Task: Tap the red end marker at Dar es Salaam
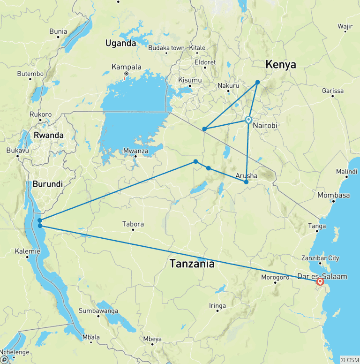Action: click(320, 282)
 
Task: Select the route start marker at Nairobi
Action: click(248, 120)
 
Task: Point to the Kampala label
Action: click(126, 67)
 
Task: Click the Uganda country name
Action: click(120, 43)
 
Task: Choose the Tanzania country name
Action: click(192, 264)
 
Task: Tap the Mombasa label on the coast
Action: click(333, 195)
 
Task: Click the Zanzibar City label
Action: click(321, 258)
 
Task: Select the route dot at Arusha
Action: click(246, 182)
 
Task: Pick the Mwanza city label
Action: click(135, 151)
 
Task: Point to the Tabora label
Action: click(133, 224)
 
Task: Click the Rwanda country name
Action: click(49, 135)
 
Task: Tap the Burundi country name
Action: click(47, 184)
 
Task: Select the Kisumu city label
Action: click(190, 80)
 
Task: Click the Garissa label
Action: click(333, 91)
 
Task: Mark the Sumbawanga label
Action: click(98, 311)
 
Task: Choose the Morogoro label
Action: click(275, 277)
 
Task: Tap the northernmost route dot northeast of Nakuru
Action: click(257, 83)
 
